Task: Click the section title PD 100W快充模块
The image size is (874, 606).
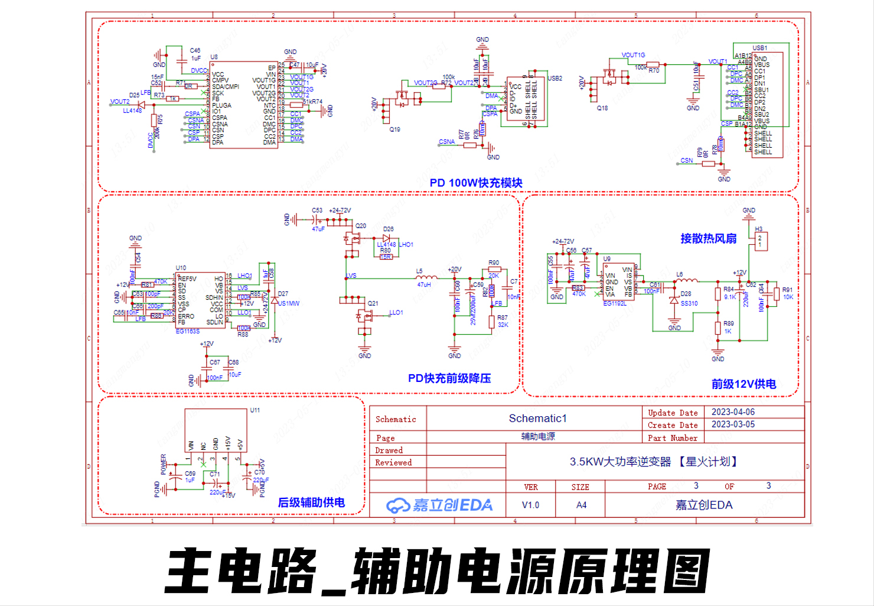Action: tap(475, 183)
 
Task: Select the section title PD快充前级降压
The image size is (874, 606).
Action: tap(449, 378)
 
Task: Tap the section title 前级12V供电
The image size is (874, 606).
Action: tap(743, 384)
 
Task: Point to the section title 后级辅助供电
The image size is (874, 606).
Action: tap(311, 503)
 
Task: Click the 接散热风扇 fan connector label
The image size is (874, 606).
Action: tap(708, 238)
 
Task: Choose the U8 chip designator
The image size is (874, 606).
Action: tap(214, 57)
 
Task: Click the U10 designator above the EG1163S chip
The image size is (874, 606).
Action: tap(181, 268)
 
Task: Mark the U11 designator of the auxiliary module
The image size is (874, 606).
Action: tap(255, 410)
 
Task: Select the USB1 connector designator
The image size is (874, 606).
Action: tap(759, 48)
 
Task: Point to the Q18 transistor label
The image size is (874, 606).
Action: tap(602, 108)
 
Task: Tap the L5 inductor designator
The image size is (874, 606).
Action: tap(419, 271)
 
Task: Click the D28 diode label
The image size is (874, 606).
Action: tap(686, 294)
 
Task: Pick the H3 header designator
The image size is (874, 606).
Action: tap(758, 229)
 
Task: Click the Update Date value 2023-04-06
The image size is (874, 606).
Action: tap(733, 412)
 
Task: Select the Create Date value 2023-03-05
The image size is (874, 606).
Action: tap(733, 424)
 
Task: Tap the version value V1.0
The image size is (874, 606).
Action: tap(530, 505)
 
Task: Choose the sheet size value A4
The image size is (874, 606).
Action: tap(581, 505)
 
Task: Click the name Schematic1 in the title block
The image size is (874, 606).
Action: tap(537, 419)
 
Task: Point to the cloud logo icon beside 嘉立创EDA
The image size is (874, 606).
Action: tap(397, 505)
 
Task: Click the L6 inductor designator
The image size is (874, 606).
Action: tap(680, 275)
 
